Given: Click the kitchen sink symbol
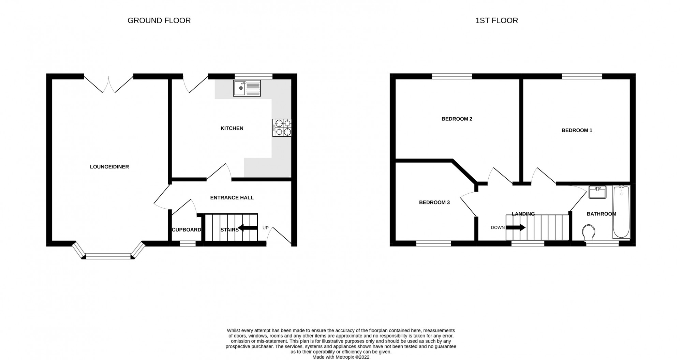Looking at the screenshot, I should coord(247,88).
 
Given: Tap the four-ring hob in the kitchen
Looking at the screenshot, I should coord(282,128).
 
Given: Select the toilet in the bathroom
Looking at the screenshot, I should coord(589,232).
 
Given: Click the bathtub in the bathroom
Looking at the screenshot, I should coord(621,211).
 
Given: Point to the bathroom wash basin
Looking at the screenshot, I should coord(597,192).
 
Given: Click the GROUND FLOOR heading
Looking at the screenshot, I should coord(159,21).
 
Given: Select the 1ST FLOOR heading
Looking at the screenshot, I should coord(496,21).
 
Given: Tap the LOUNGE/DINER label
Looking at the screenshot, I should coord(109,167).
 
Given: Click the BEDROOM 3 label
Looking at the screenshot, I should coord(434,202).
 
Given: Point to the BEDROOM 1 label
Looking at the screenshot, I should coord(577,130).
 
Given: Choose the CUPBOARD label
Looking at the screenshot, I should coord(186,230).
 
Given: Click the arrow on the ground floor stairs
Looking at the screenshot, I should coord(248,228).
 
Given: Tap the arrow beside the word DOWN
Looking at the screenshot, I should coord(515,227).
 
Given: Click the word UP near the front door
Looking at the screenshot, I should coord(265,228).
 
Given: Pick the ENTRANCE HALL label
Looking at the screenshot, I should coord(232,198).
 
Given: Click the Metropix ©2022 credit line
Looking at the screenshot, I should coord(341,357).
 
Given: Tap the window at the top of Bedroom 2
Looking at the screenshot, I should coord(452,76).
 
